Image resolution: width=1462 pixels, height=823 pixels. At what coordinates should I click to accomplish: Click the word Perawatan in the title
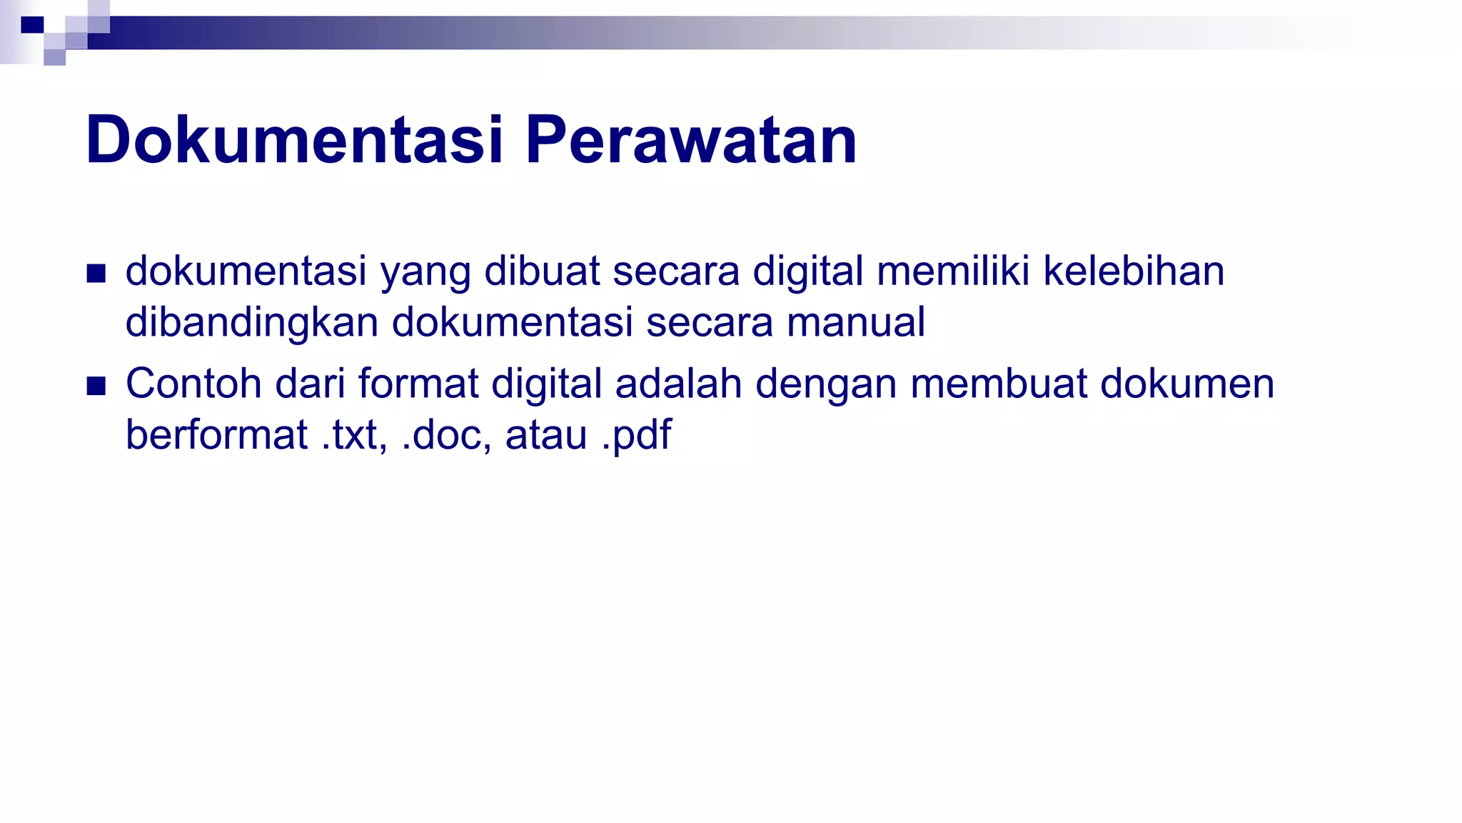691,140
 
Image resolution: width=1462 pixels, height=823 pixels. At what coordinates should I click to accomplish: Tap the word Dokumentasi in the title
295,140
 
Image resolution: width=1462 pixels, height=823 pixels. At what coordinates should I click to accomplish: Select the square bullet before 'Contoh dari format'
96,386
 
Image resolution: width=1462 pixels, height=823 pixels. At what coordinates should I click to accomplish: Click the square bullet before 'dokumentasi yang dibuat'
96,274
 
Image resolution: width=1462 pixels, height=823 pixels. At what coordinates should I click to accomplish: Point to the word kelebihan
1134,271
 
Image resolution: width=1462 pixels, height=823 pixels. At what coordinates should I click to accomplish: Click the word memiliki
953,271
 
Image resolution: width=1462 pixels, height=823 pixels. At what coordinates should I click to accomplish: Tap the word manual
856,321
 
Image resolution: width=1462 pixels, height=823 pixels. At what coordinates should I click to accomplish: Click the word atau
546,435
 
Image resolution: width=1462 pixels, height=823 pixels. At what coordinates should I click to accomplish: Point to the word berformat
216,435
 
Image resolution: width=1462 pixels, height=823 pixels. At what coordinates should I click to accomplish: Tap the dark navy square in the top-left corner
32,25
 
